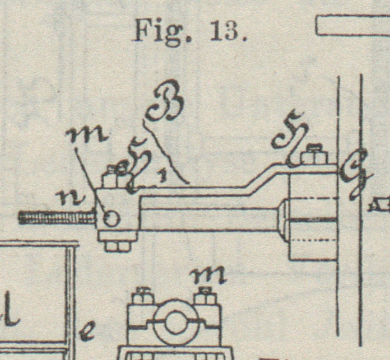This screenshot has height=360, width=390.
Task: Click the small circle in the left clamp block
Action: tap(112, 218)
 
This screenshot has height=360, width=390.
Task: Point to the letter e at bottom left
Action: tap(87, 333)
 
